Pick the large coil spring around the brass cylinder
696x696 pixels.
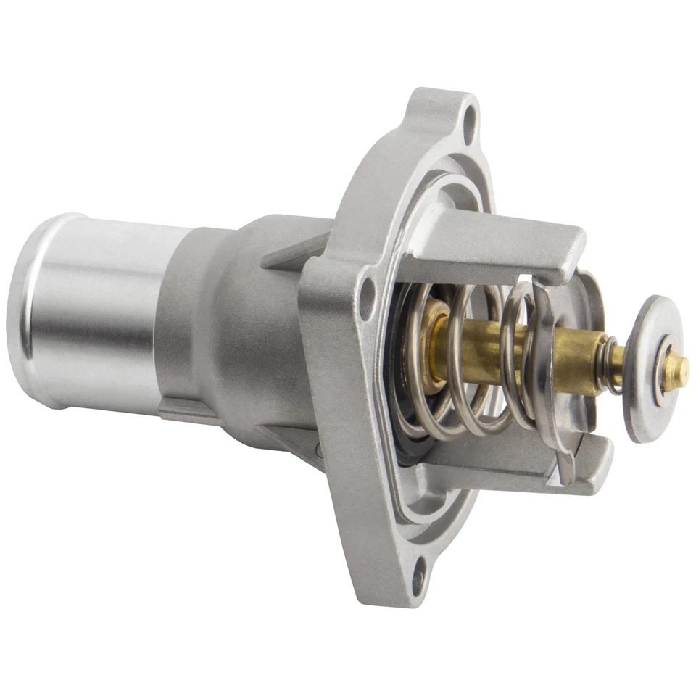coord(464,362)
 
